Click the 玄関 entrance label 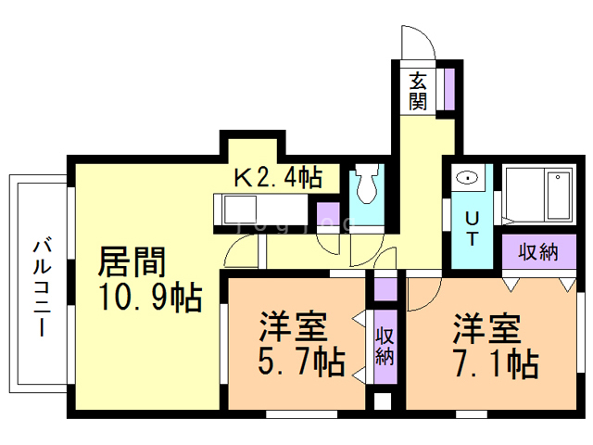coord(418,91)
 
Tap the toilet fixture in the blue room coord(367,184)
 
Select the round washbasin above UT coord(467,177)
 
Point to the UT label coord(472,229)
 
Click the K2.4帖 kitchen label coord(278,177)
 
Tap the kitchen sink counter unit coord(261,210)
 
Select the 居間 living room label coord(132,261)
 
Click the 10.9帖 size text coord(150,298)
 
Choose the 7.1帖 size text coord(497,363)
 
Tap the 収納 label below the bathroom coord(538,252)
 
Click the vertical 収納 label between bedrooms coord(385,346)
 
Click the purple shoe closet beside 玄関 coord(448,89)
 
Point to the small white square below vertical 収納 coord(383,401)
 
